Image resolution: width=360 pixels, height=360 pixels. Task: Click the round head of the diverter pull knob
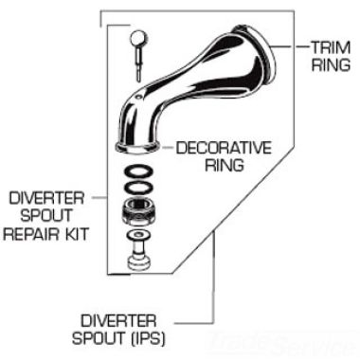136,40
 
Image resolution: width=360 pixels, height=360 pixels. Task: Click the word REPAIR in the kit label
39,230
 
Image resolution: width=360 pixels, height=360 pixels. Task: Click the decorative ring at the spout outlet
138,147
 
